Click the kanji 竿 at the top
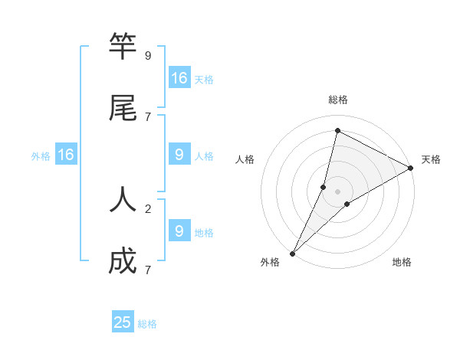click(123, 47)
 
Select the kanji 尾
click(123, 109)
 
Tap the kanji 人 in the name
click(123, 200)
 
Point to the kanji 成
click(123, 261)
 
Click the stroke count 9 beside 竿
click(148, 55)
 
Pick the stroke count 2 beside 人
click(148, 208)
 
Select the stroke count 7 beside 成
click(148, 269)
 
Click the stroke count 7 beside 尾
click(148, 116)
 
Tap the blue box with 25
click(123, 322)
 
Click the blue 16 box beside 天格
click(179, 78)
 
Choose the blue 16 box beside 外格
click(66, 155)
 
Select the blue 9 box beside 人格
click(179, 155)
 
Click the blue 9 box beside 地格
click(179, 231)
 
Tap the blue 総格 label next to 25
click(147, 324)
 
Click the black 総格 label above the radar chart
click(338, 100)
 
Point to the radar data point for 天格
click(411, 168)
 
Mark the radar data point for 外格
click(292, 254)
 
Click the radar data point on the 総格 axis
click(337, 130)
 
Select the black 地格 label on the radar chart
click(402, 263)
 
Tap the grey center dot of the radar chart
click(337, 191)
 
